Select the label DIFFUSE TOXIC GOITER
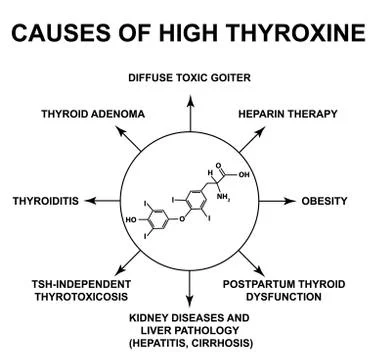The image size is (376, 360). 189,77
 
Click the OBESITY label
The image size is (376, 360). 325,201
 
